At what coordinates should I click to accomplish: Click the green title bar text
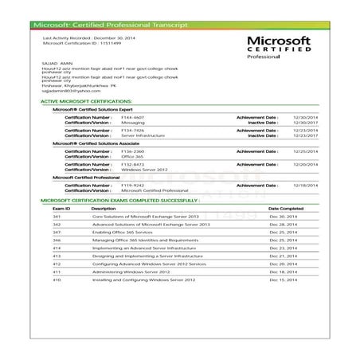coord(112,24)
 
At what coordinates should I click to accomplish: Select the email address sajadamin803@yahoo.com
coord(68,91)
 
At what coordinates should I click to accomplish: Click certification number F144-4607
coord(132,116)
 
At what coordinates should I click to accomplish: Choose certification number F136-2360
coord(132,150)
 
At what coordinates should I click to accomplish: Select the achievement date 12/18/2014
coord(299,184)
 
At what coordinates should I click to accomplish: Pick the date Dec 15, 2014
coord(283,279)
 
